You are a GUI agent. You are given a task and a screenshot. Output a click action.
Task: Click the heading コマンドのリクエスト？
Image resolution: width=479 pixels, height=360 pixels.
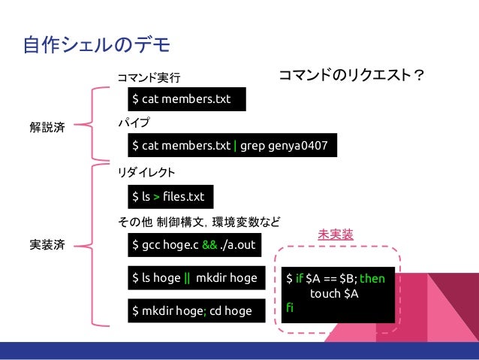pos(352,76)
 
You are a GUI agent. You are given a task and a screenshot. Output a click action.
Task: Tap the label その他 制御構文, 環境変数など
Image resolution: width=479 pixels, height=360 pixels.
pos(198,222)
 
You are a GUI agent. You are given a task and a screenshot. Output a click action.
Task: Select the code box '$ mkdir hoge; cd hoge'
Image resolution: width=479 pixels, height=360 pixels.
pos(192,310)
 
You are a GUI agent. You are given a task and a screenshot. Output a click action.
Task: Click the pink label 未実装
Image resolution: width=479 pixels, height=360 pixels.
pos(336,234)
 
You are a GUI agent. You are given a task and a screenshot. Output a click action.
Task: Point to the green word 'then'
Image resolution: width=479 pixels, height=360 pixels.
pos(372,279)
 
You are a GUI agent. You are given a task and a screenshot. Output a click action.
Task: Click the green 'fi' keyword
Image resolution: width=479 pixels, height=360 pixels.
pos(290,307)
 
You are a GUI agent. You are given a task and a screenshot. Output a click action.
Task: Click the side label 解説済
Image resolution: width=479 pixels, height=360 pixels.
pos(47,128)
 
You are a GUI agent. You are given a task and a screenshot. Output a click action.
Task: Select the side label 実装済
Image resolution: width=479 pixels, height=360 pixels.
pos(47,245)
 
